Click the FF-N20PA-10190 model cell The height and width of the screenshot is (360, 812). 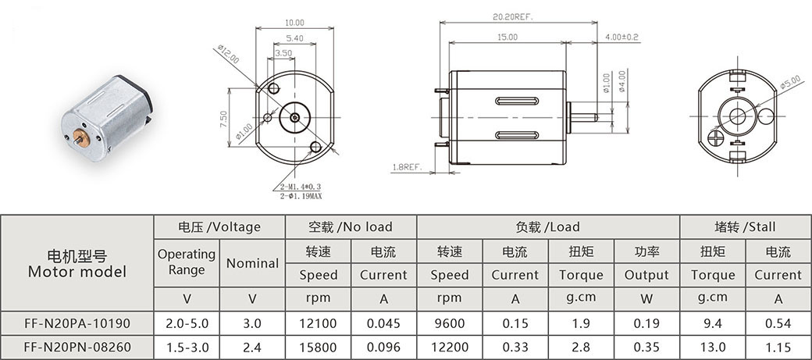tap(77, 324)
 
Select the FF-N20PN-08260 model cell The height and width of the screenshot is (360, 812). tap(77, 347)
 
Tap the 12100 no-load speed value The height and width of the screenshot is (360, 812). tap(318, 324)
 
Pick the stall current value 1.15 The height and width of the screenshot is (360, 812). tap(778, 347)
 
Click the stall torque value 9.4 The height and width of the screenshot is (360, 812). tap(713, 324)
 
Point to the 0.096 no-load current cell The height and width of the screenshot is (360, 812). tap(383, 347)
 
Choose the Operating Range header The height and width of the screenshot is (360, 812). tap(187, 262)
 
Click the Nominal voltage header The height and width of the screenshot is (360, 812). tap(252, 263)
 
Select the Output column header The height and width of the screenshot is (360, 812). tap(646, 275)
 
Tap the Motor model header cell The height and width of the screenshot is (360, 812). tap(77, 263)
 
